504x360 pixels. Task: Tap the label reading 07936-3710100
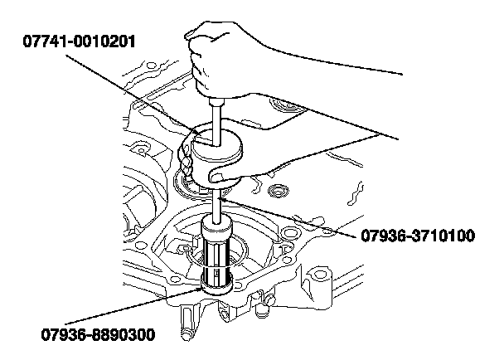pyautogui.click(x=417, y=236)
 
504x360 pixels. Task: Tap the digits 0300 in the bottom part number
pyautogui.click(x=136, y=335)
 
